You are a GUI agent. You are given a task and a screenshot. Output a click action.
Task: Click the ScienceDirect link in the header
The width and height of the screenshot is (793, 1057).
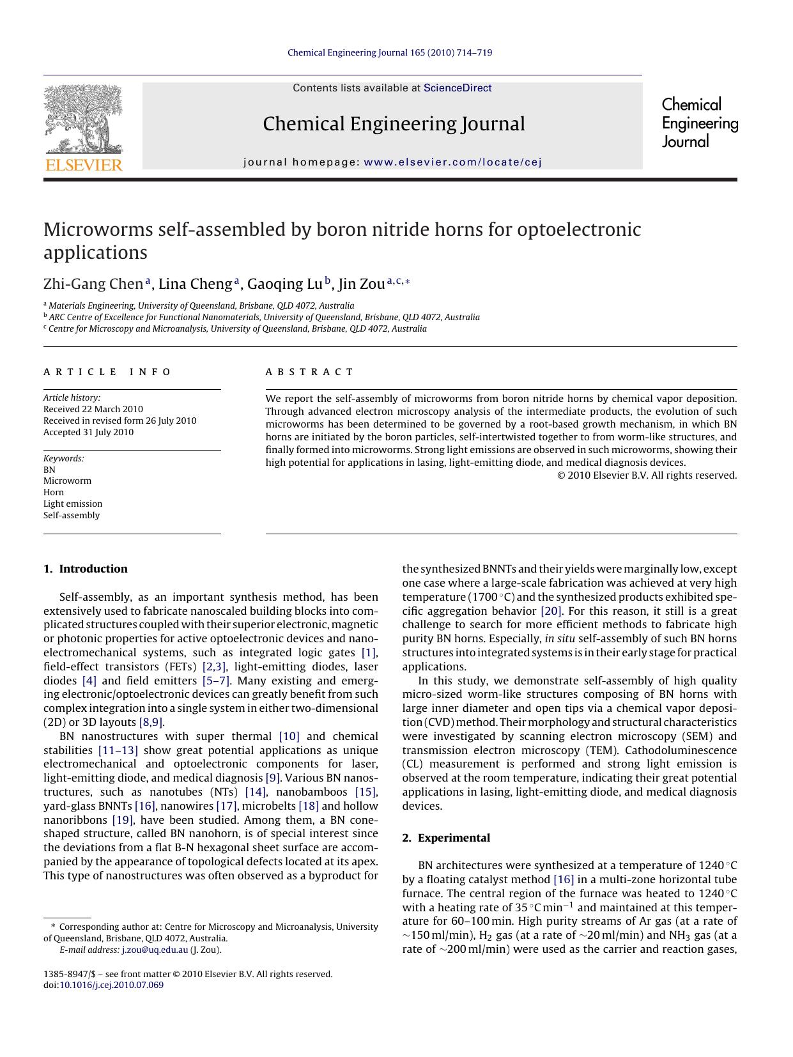pyautogui.click(x=458, y=88)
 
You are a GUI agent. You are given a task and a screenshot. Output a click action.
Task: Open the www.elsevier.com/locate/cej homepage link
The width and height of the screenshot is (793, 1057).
pyautogui.click(x=452, y=162)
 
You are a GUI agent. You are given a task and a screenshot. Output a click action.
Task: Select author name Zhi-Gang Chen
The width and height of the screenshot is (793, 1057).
pyautogui.click(x=93, y=284)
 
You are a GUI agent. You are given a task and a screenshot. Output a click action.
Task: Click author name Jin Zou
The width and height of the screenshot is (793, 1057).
pyautogui.click(x=362, y=284)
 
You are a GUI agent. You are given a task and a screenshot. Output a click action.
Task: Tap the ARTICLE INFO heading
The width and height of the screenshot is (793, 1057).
pyautogui.click(x=107, y=372)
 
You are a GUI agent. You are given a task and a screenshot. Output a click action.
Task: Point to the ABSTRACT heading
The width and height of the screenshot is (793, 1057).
pyautogui.click(x=309, y=372)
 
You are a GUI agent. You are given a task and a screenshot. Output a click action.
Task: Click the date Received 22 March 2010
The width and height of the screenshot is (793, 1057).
pyautogui.click(x=93, y=409)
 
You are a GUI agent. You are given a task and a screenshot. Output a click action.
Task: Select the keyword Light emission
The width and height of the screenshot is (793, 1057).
pyautogui.click(x=73, y=504)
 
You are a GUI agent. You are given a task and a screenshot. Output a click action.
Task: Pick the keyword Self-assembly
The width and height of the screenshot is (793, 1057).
pyautogui.click(x=72, y=515)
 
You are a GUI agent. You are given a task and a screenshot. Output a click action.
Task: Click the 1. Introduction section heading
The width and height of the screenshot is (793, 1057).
pyautogui.click(x=86, y=569)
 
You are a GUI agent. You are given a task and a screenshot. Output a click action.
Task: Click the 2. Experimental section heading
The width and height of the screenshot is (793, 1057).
pyautogui.click(x=446, y=838)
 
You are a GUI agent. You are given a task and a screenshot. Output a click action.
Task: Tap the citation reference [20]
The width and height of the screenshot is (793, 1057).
pyautogui.click(x=551, y=611)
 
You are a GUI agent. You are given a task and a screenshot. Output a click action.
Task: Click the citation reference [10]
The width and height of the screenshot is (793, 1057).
pyautogui.click(x=289, y=736)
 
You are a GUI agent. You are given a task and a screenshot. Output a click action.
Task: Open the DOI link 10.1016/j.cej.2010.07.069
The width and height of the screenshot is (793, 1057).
pyautogui.click(x=112, y=985)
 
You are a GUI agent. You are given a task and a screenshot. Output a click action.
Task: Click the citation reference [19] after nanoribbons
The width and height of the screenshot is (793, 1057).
pyautogui.click(x=123, y=820)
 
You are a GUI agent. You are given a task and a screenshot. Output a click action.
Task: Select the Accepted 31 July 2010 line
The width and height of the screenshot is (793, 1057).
pyautogui.click(x=89, y=432)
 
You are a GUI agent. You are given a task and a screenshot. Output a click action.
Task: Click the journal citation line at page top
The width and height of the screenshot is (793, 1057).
pyautogui.click(x=390, y=52)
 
